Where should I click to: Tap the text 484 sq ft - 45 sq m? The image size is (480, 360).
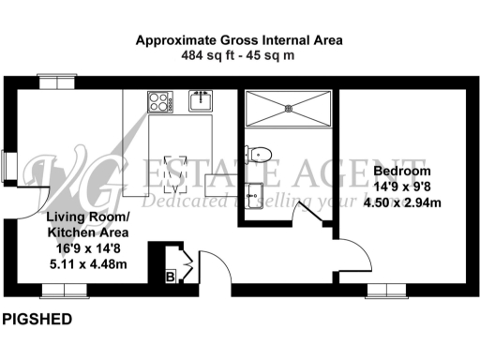[239, 56]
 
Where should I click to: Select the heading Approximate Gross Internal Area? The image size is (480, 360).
[239, 40]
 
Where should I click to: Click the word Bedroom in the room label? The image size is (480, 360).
[401, 172]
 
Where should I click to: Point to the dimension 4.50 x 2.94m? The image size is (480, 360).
[401, 202]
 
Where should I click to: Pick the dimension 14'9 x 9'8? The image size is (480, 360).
[401, 187]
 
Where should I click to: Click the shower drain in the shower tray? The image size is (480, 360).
[289, 109]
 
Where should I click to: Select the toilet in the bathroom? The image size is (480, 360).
[260, 152]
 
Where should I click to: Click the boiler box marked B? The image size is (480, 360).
[171, 277]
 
